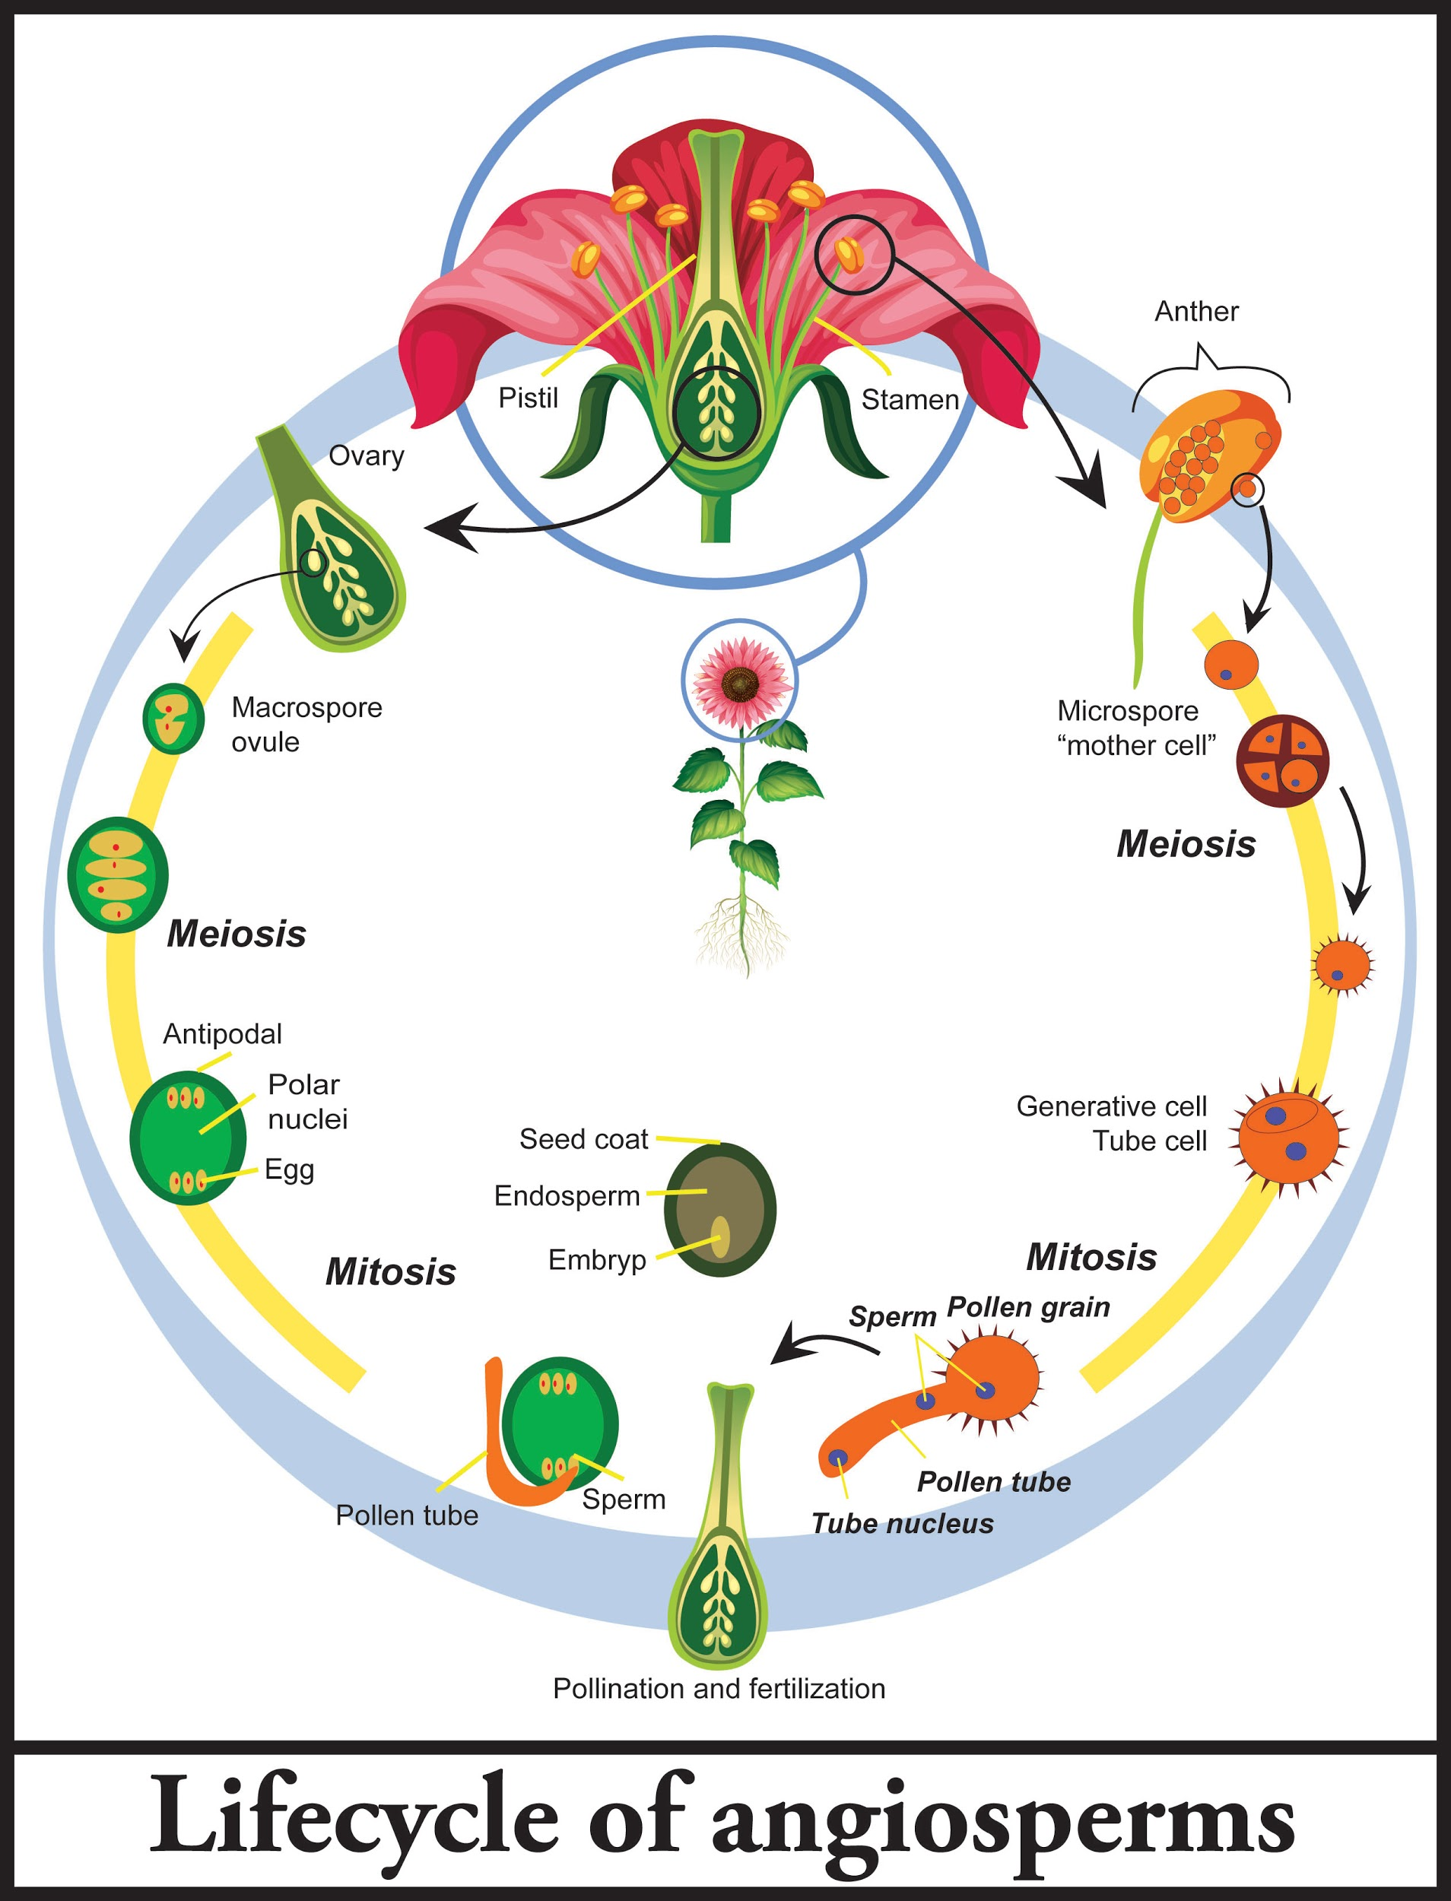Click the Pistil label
528,398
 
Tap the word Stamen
910,400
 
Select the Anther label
1195,311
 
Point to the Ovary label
367,455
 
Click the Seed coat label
583,1139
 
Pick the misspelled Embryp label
597,1260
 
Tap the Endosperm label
567,1196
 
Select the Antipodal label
222,1034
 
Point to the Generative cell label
1111,1106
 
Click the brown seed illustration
719,1209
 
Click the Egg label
289,1170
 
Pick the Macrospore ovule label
306,725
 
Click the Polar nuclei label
306,1101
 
